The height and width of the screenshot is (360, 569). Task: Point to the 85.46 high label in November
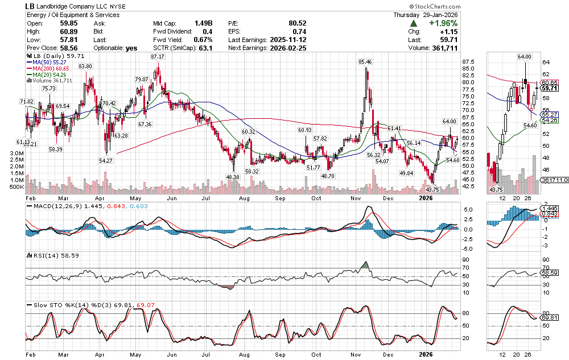point(365,61)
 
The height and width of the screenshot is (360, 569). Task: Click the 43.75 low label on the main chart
point(433,189)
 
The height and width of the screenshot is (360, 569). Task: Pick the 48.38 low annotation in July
point(233,177)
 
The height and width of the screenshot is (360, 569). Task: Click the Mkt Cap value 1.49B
point(203,23)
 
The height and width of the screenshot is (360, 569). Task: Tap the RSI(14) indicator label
point(39,255)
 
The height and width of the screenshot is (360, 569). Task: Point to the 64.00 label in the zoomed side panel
point(524,57)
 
